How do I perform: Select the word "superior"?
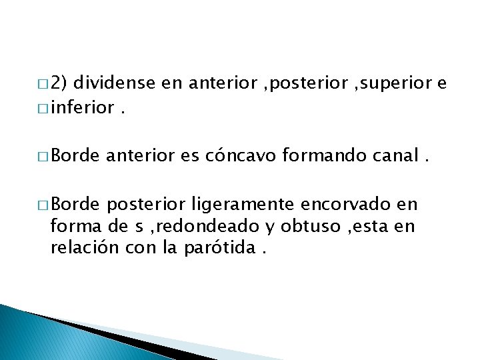pos(393,83)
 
